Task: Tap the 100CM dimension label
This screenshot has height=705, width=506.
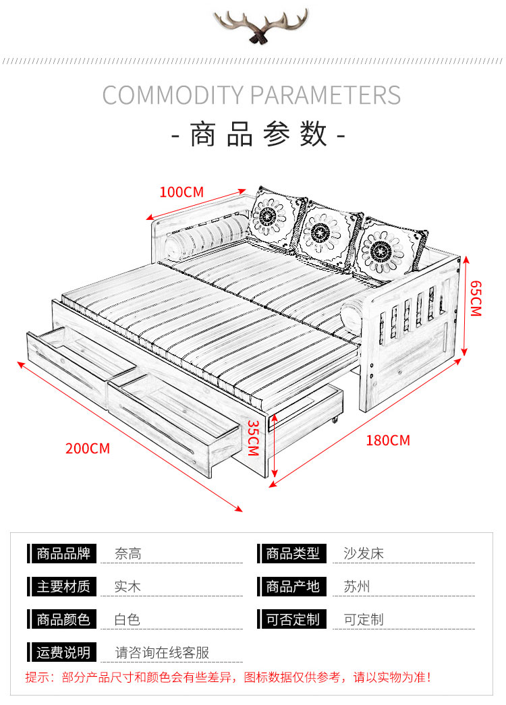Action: pyautogui.click(x=181, y=192)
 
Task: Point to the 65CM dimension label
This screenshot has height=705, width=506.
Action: pyautogui.click(x=476, y=298)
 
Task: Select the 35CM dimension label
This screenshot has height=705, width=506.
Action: pyautogui.click(x=252, y=437)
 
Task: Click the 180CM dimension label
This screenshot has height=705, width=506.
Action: pyautogui.click(x=388, y=441)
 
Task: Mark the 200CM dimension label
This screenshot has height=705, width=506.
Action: pyautogui.click(x=88, y=448)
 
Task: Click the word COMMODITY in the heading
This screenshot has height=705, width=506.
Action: pyautogui.click(x=172, y=95)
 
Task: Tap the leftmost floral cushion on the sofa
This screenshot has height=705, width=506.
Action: pyautogui.click(x=276, y=218)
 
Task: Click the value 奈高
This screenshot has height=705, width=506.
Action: pyautogui.click(x=128, y=555)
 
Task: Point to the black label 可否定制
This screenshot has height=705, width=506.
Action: pyautogui.click(x=292, y=619)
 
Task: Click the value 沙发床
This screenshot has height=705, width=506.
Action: pyautogui.click(x=364, y=555)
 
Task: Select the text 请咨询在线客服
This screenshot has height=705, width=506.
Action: pyautogui.click(x=162, y=652)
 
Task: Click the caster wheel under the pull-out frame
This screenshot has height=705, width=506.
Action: pyautogui.click(x=335, y=423)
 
